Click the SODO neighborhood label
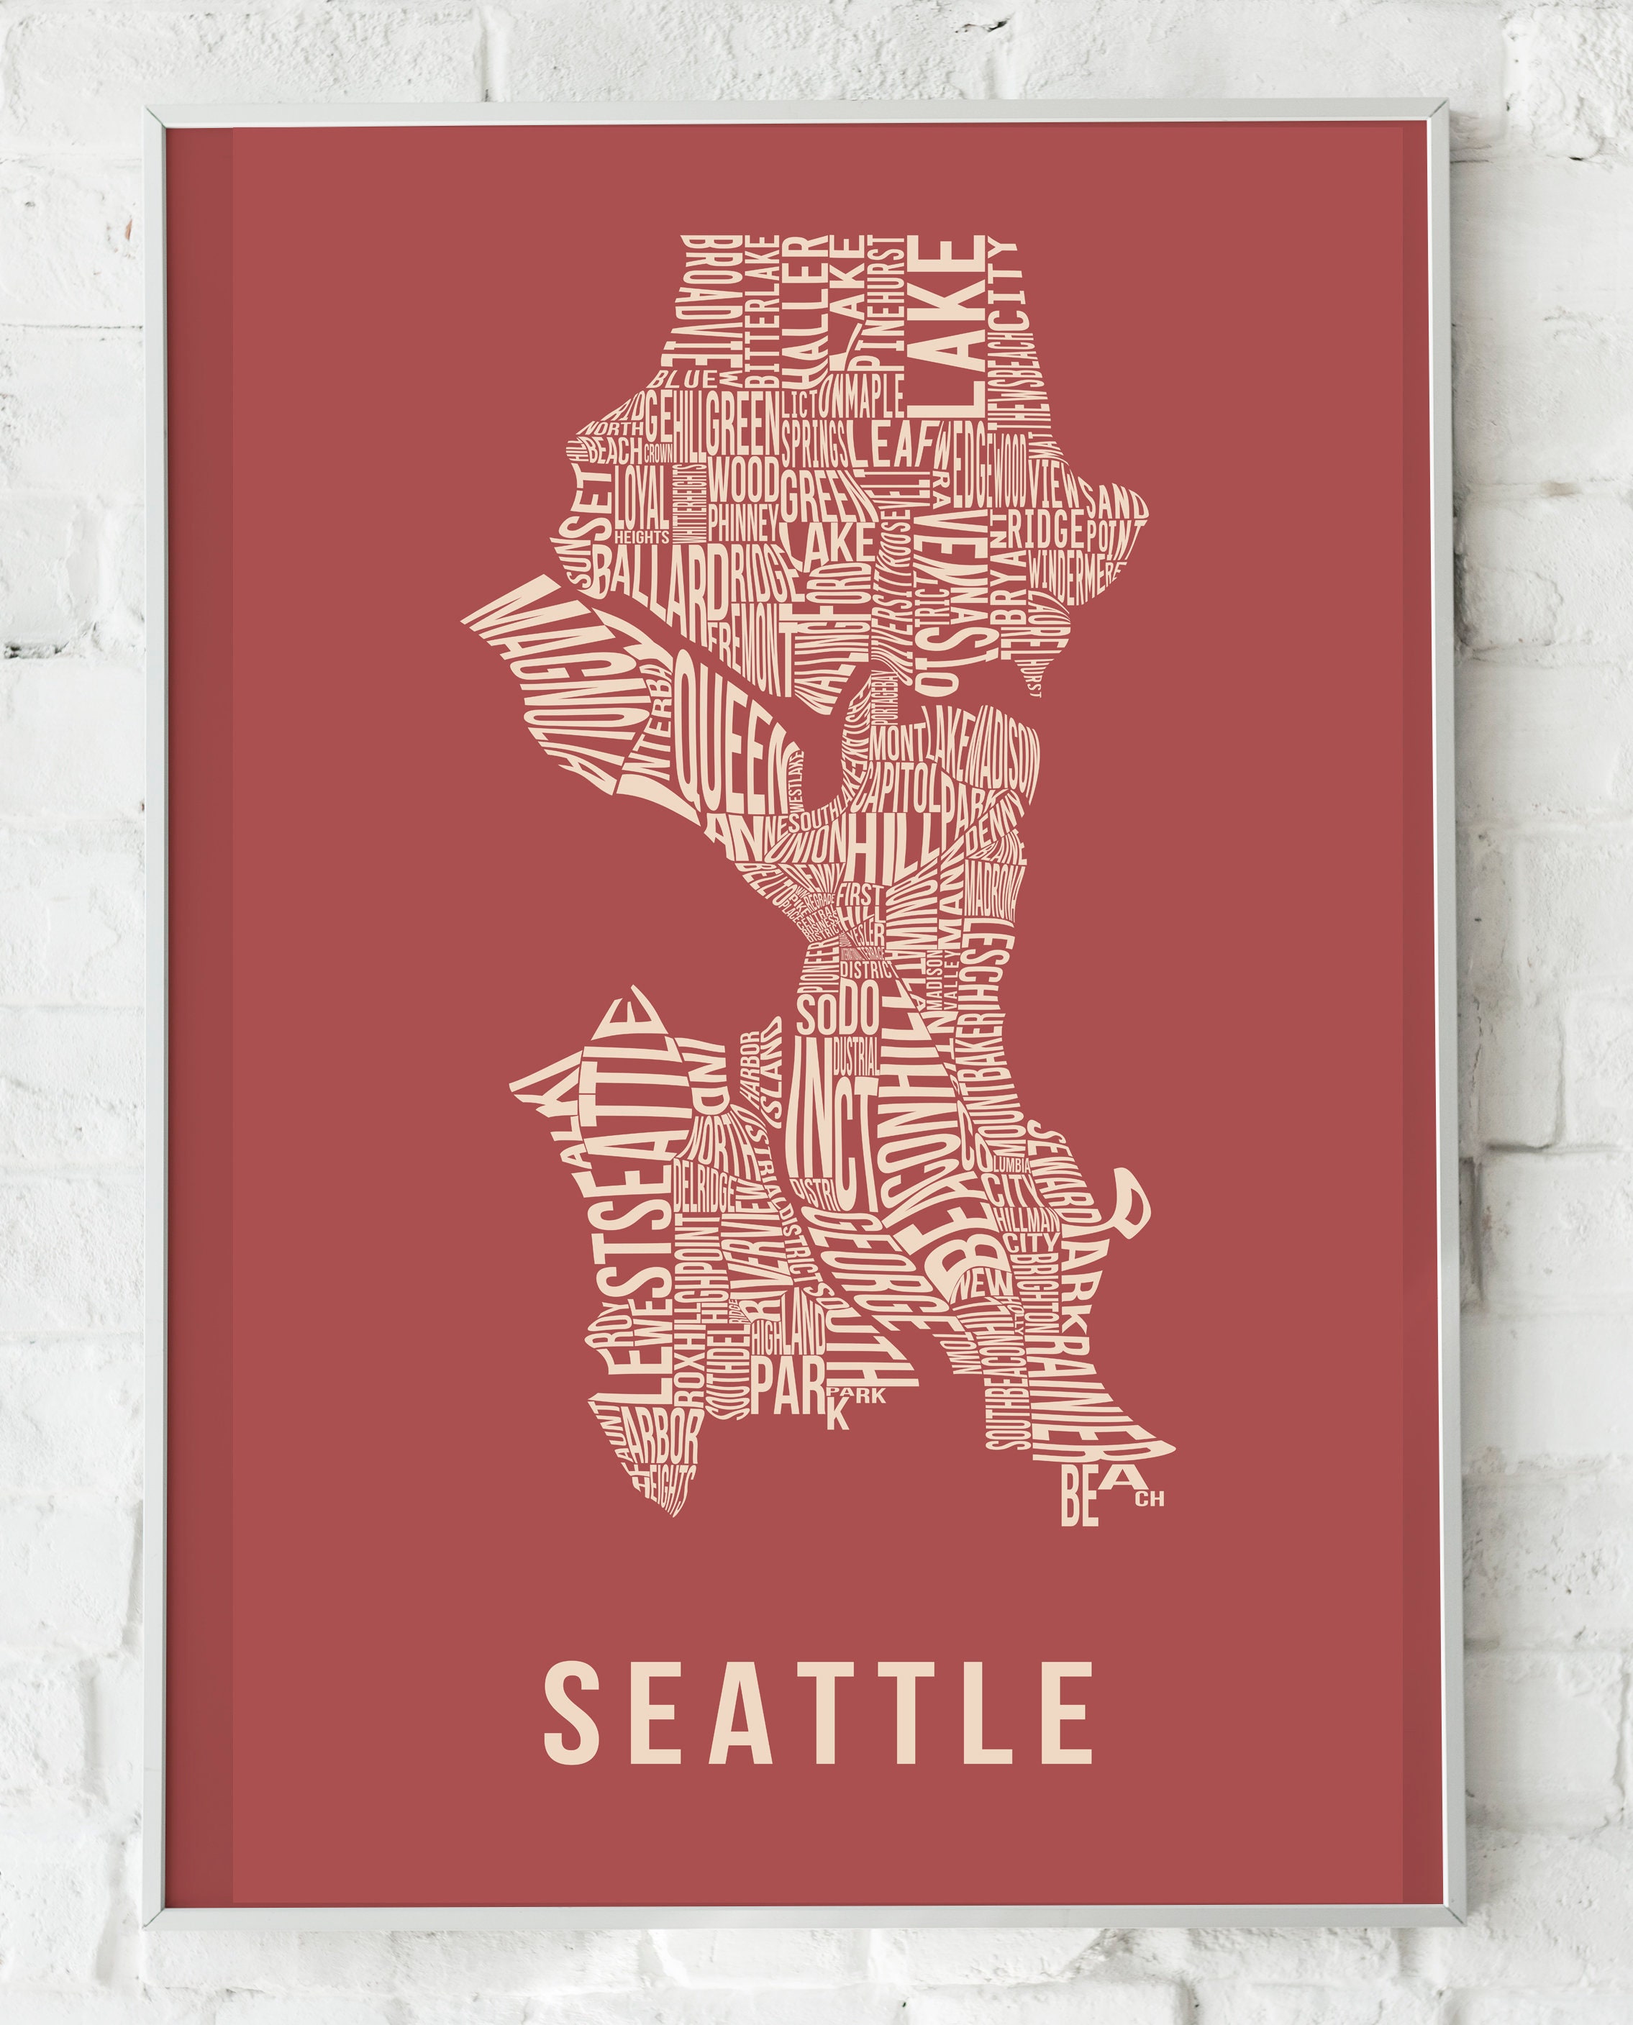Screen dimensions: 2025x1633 (x=837, y=1012)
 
